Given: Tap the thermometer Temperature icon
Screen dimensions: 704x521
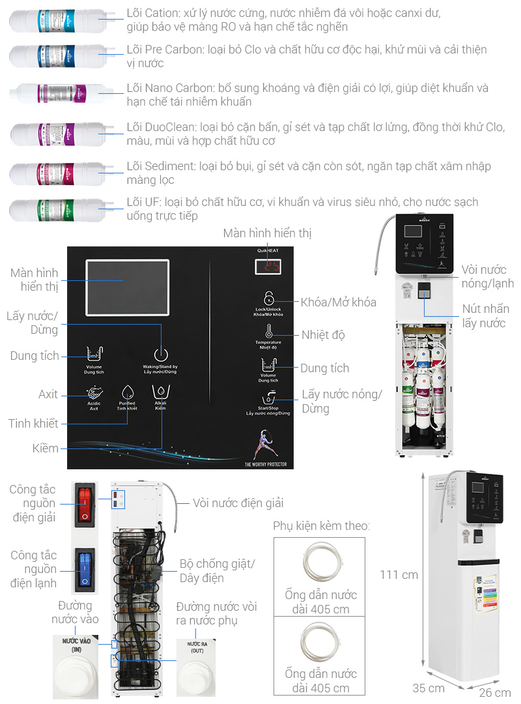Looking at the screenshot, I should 268,330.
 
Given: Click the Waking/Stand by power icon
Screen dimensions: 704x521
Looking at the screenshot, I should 160,355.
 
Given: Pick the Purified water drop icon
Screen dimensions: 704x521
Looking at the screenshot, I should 128,392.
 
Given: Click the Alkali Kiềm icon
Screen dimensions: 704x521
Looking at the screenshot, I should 160,392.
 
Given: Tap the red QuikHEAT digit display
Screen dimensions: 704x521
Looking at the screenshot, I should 268,267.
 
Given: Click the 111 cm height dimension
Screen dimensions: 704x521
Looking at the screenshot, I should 399,574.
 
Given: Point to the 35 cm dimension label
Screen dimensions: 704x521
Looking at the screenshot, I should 429,688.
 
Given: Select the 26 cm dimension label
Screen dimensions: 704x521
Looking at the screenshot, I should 494,692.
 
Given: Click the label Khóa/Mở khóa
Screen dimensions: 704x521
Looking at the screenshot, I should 338,302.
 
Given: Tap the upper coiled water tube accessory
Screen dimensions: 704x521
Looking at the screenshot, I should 320,561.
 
